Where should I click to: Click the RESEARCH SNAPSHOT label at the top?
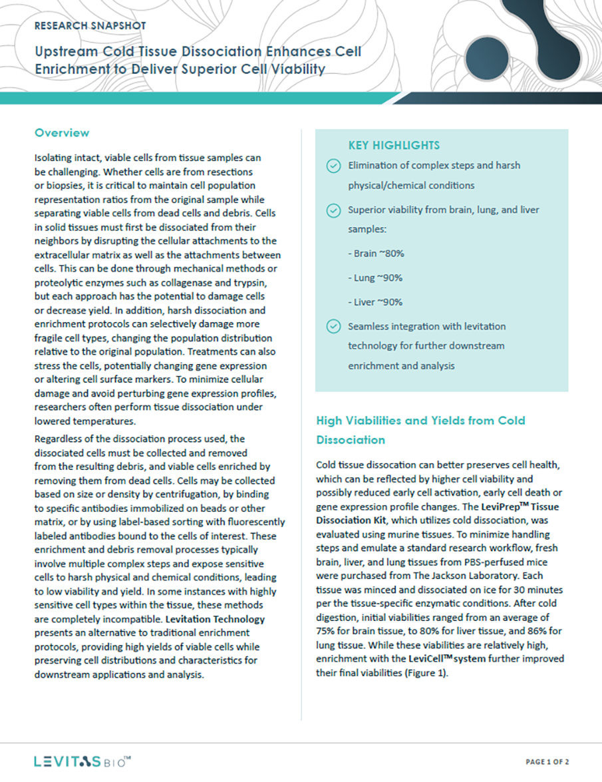pyautogui.click(x=90, y=26)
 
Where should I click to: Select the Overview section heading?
pyautogui.click(x=62, y=133)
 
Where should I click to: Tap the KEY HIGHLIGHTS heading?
pyautogui.click(x=394, y=145)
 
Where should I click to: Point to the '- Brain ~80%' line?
pyautogui.click(x=376, y=254)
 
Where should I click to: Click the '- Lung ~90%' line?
pyautogui.click(x=375, y=278)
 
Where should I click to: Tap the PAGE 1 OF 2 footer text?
pyautogui.click(x=547, y=761)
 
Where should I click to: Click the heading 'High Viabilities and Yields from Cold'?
pyautogui.click(x=420, y=421)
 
